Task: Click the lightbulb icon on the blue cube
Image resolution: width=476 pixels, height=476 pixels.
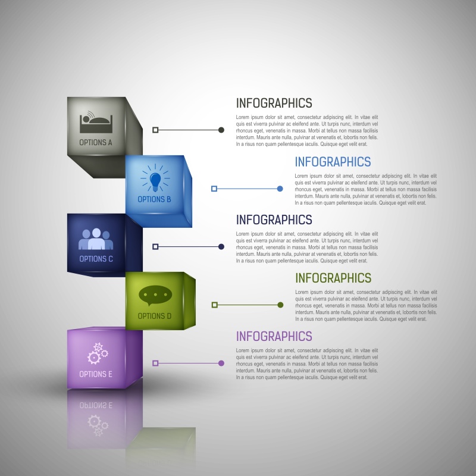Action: pyautogui.click(x=155, y=178)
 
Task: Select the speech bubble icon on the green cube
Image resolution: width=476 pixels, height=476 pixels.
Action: pyautogui.click(x=155, y=294)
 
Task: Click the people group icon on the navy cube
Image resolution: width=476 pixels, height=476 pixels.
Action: pyautogui.click(x=96, y=240)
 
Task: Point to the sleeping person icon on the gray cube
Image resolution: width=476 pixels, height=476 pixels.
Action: pyautogui.click(x=96, y=122)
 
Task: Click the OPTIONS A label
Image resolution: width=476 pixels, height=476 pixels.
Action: pyautogui.click(x=96, y=143)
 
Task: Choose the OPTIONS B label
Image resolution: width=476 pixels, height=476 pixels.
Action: pyautogui.click(x=155, y=199)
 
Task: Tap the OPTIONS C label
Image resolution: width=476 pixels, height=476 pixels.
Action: pyautogui.click(x=96, y=259)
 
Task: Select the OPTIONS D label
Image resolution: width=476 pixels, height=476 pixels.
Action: pyautogui.click(x=155, y=316)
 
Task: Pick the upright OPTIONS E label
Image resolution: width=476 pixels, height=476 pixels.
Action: pyautogui.click(x=96, y=374)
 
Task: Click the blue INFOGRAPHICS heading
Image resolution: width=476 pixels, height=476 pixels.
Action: pyautogui.click(x=333, y=162)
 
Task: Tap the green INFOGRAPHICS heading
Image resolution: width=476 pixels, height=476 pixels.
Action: pyautogui.click(x=333, y=278)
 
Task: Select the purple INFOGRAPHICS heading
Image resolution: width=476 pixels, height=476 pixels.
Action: pyautogui.click(x=274, y=336)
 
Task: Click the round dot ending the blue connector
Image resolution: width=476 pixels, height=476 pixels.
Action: pyautogui.click(x=280, y=189)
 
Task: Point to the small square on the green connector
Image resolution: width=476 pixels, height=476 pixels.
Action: pyautogui.click(x=215, y=305)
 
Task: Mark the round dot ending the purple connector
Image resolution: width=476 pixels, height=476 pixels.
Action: pyautogui.click(x=221, y=363)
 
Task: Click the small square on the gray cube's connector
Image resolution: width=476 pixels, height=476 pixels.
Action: pyautogui.click(x=155, y=130)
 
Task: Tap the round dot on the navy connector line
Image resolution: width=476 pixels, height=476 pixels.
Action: pyautogui.click(x=221, y=246)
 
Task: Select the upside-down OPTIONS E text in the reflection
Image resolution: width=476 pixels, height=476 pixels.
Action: pyautogui.click(x=96, y=405)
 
